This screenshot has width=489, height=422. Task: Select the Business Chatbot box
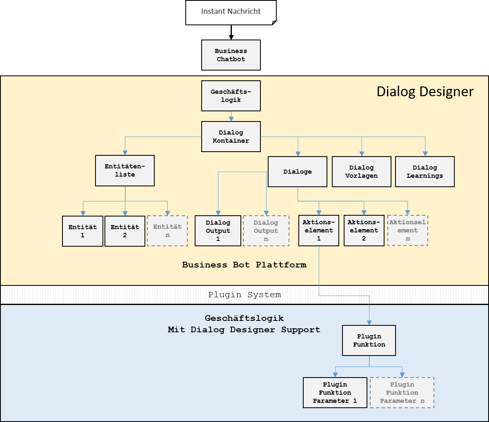231,55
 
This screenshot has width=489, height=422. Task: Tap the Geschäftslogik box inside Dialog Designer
231,96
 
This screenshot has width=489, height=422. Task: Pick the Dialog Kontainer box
231,137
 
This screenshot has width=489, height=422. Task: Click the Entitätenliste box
125,170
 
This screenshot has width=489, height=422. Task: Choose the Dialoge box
298,172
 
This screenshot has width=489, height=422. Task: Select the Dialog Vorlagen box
362,172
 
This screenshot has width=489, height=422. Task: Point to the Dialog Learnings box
425,172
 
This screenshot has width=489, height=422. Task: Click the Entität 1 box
82,231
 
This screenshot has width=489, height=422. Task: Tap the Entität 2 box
125,231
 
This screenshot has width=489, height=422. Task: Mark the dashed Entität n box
167,231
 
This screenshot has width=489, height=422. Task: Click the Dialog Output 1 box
218,231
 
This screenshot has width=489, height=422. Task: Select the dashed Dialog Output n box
266,231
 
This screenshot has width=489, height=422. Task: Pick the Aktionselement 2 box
364,231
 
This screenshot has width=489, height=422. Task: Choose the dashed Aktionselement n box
408,230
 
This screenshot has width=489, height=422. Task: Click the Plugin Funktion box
369,340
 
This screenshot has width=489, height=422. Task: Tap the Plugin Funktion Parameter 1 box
335,393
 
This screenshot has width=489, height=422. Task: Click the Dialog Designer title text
425,91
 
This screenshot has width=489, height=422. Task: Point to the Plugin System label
244,295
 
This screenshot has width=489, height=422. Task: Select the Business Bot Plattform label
244,265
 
